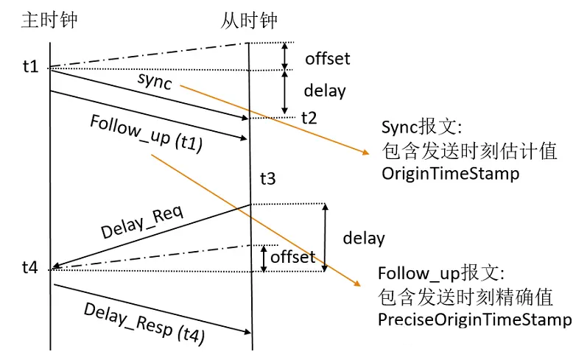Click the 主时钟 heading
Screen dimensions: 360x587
point(49,20)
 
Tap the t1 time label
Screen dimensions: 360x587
point(30,67)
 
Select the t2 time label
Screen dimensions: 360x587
point(309,118)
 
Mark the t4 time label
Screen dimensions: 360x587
point(30,268)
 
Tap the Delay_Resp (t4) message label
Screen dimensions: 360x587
point(144,322)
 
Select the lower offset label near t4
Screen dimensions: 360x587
point(292,257)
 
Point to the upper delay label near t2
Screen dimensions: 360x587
point(325,91)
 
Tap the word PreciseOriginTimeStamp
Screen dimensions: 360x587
point(474,320)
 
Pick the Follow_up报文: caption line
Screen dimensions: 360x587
point(440,274)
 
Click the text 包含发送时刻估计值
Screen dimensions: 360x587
point(468,151)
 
